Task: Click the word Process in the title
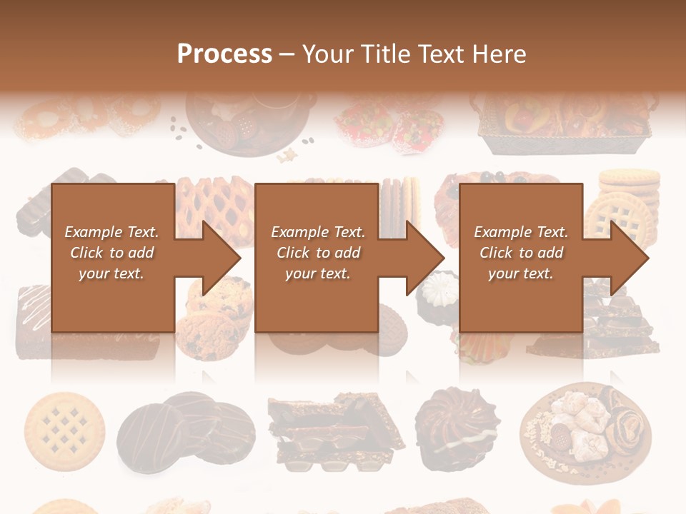[224, 54]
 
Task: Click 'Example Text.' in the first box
[111, 232]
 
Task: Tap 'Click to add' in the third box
[521, 253]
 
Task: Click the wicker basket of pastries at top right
[565, 121]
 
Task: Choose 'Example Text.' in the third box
[521, 232]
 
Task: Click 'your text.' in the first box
[111, 273]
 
